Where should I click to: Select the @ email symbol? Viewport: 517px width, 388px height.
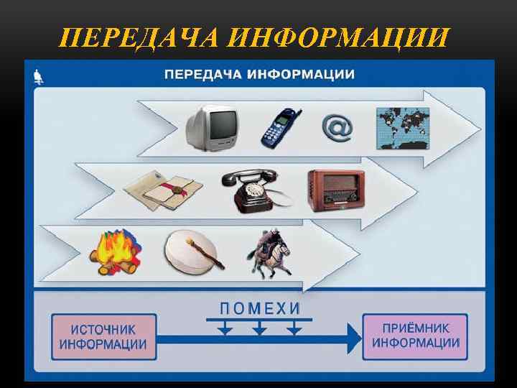click(x=336, y=128)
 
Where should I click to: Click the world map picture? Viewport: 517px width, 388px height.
click(x=402, y=126)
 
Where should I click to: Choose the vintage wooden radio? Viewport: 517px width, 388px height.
click(x=336, y=190)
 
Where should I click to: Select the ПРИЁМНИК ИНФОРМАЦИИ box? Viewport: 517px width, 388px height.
click(x=415, y=334)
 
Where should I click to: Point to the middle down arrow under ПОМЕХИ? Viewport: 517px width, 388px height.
click(x=260, y=329)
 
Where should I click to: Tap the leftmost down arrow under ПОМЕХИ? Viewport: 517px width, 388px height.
click(x=225, y=329)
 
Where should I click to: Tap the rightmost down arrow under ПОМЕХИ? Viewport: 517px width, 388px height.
click(x=294, y=329)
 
